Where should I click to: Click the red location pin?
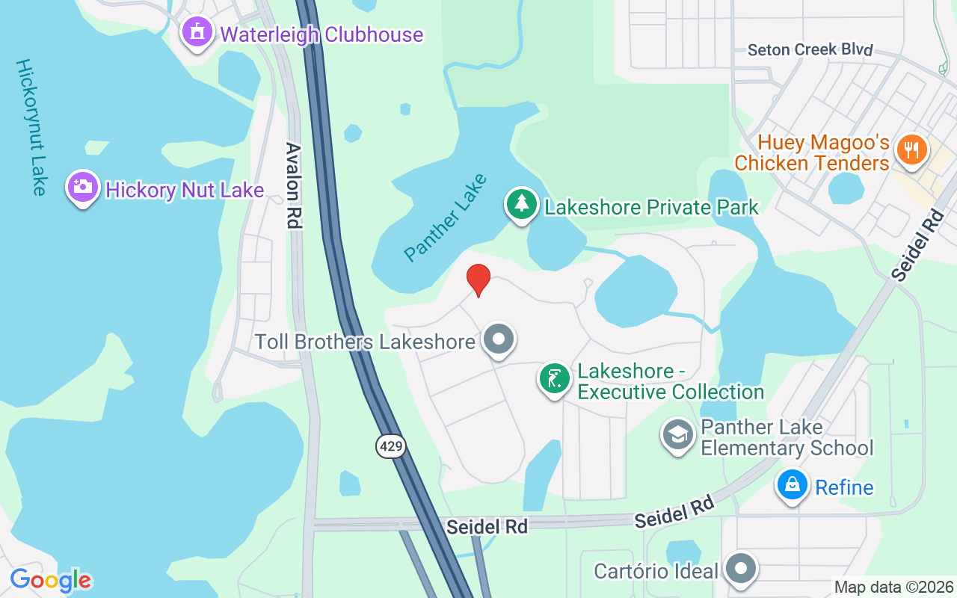(478, 280)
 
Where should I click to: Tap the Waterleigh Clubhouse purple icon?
(197, 32)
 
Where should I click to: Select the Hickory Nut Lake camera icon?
(82, 187)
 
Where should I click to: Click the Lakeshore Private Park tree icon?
(522, 204)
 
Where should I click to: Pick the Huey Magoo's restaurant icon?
(910, 149)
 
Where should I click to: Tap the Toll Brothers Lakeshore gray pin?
(498, 340)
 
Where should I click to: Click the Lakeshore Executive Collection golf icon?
(554, 379)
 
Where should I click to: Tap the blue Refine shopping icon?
(792, 484)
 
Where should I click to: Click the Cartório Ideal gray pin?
(741, 569)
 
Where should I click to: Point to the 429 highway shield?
(390, 447)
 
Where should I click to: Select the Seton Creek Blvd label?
(810, 50)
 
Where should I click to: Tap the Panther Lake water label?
(446, 217)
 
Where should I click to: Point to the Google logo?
(50, 580)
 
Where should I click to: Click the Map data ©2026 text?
(893, 588)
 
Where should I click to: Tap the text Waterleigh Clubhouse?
(321, 34)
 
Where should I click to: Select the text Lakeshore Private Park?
(651, 207)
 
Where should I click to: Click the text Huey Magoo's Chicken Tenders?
(812, 152)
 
